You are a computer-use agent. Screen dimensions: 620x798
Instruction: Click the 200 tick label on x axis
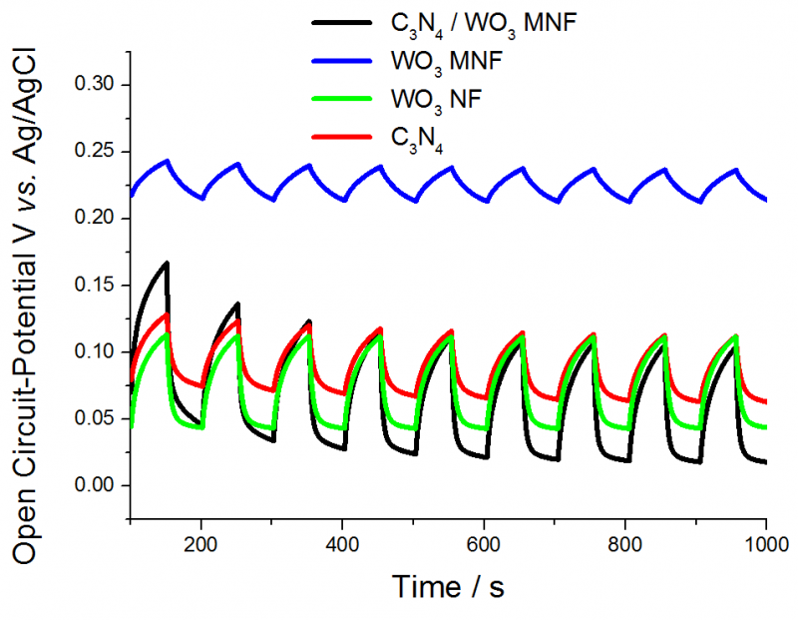[201, 545]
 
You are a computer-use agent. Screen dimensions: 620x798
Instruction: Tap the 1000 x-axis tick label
[765, 545]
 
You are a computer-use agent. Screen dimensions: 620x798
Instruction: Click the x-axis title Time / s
[448, 586]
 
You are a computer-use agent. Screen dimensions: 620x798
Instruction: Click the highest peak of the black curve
[167, 263]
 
